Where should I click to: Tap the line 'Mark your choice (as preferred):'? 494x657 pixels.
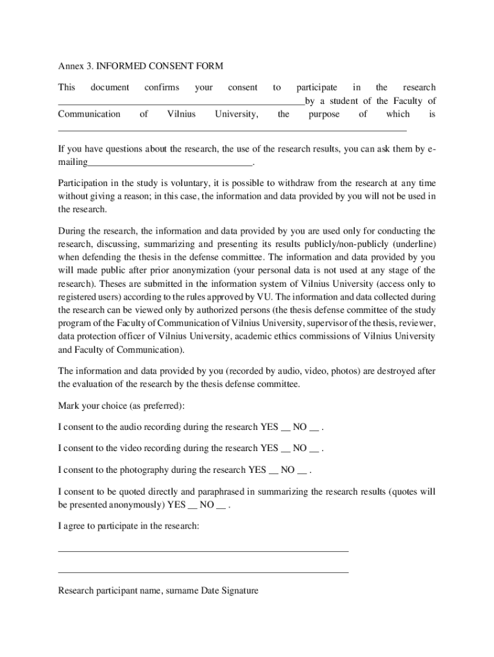[121, 405]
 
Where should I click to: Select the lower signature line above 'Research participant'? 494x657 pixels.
[203, 572]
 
